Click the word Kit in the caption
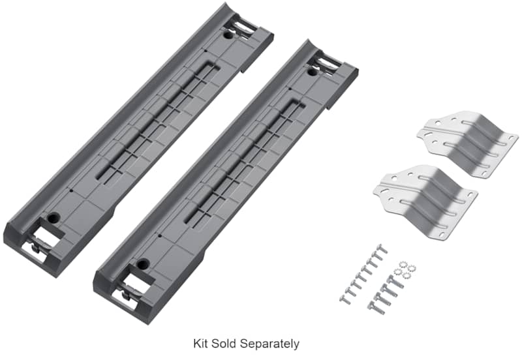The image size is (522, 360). click(x=200, y=343)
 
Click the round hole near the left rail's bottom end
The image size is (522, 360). click(x=54, y=218)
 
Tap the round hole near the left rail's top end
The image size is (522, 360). click(x=228, y=35)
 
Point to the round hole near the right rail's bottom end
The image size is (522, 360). click(x=143, y=264)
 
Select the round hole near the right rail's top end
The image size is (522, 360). click(x=313, y=71)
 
